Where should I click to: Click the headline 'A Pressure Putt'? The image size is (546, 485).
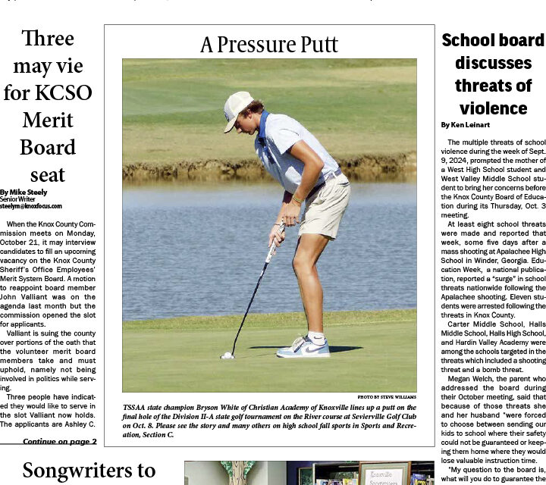pyautogui.click(x=269, y=45)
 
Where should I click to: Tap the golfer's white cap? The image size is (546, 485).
pyautogui.click(x=237, y=110)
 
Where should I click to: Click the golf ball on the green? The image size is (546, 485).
pyautogui.click(x=226, y=355)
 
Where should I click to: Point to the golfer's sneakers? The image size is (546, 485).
pyautogui.click(x=303, y=347)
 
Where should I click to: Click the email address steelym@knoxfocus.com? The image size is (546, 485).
pyautogui.click(x=31, y=206)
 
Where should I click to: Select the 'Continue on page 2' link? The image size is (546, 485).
pyautogui.click(x=59, y=462)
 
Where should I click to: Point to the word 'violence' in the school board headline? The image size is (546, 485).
pyautogui.click(x=493, y=108)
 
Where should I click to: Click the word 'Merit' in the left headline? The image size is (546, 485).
pyautogui.click(x=48, y=120)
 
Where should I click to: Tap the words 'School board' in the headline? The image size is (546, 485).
pyautogui.click(x=493, y=40)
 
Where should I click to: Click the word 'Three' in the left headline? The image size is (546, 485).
pyautogui.click(x=48, y=39)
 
